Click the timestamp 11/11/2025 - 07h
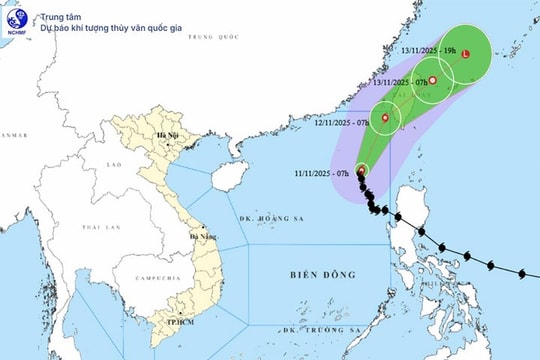321,172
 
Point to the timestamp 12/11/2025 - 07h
340,122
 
